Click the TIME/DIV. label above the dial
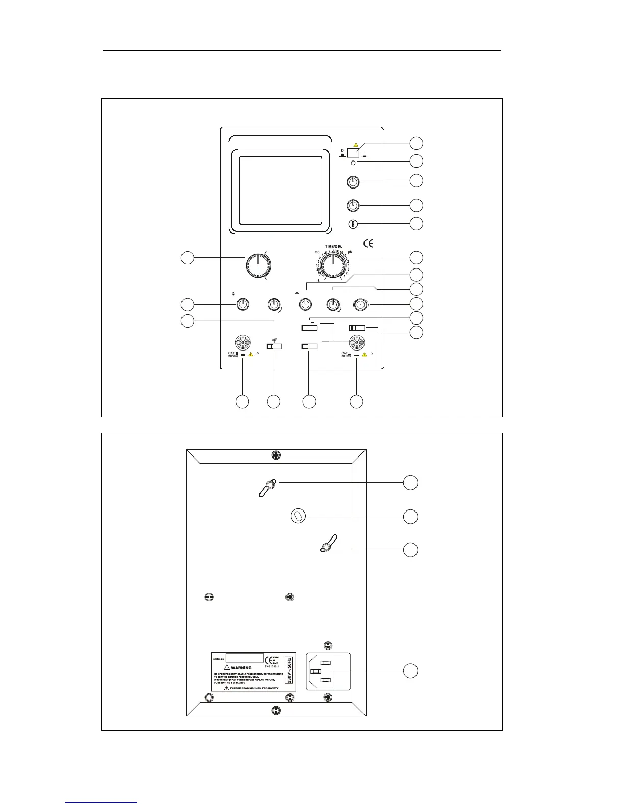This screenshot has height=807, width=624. pyautogui.click(x=333, y=246)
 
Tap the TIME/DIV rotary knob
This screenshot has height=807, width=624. pyautogui.click(x=333, y=265)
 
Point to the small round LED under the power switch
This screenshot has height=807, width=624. pyautogui.click(x=353, y=163)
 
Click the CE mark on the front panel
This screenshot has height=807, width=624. pyautogui.click(x=368, y=243)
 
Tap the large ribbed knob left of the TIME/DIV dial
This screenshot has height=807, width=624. pyautogui.click(x=258, y=265)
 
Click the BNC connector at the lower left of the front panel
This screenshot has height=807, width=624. pyautogui.click(x=242, y=341)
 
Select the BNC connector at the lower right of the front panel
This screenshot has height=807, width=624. pyautogui.click(x=357, y=341)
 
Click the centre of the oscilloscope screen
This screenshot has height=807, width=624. pyautogui.click(x=280, y=191)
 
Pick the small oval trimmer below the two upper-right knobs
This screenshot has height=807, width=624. pyautogui.click(x=353, y=224)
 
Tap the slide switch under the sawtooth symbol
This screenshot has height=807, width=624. pyautogui.click(x=274, y=346)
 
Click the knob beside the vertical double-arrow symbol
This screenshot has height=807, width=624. pyautogui.click(x=243, y=305)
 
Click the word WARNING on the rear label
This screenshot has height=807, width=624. pyautogui.click(x=242, y=668)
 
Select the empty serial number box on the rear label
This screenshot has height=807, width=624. pyautogui.click(x=245, y=658)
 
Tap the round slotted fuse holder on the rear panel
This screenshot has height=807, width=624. pyautogui.click(x=298, y=516)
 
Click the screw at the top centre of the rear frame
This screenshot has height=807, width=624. pyautogui.click(x=276, y=454)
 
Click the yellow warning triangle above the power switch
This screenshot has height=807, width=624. pyautogui.click(x=355, y=145)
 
